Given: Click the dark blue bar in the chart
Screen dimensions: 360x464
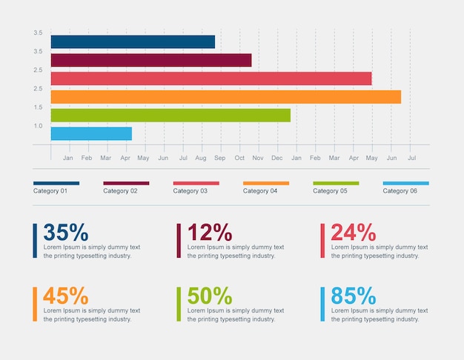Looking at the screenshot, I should [133, 42].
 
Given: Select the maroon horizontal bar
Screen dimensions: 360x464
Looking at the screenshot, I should [151, 60].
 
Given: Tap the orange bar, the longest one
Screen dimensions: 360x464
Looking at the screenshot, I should [226, 97].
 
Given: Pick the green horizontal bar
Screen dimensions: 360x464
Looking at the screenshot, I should [170, 115].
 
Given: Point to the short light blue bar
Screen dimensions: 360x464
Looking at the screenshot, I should [91, 133].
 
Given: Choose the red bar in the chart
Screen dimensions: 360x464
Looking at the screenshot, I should [211, 79].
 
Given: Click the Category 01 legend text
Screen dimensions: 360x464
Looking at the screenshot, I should [50, 191].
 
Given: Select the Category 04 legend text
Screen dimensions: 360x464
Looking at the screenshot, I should [260, 191].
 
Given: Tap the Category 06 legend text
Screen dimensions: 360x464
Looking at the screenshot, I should [400, 191].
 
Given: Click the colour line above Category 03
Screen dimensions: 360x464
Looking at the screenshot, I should [196, 183].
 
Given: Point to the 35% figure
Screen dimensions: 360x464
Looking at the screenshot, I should [65, 232].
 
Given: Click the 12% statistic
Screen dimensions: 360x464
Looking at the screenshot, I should [209, 232].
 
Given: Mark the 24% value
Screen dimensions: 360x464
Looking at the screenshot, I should [354, 232].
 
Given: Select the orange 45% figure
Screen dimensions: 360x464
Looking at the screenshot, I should [65, 296].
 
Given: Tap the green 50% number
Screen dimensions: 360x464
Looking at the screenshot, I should [209, 296].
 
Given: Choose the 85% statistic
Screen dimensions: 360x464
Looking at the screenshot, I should [354, 296].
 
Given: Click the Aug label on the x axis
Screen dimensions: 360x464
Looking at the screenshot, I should [201, 159].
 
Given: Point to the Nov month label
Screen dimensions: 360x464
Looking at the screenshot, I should [258, 159].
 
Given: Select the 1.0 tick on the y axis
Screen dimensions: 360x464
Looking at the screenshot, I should [38, 126].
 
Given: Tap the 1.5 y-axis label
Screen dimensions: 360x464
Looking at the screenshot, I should [38, 107].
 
